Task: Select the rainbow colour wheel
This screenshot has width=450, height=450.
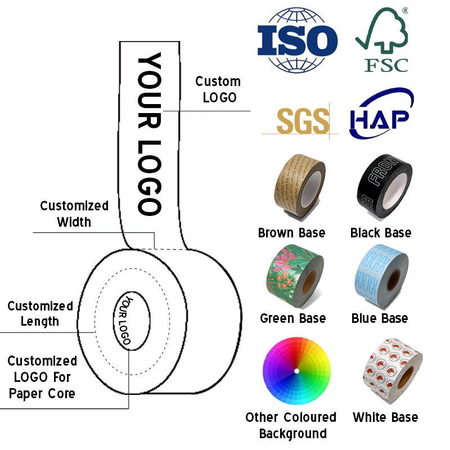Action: click(x=296, y=371)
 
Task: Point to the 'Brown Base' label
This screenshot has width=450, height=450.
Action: click(x=291, y=232)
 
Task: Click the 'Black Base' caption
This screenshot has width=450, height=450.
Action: click(x=381, y=232)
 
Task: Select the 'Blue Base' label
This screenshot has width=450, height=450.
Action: click(x=380, y=318)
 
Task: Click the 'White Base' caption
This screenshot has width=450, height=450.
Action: click(x=385, y=417)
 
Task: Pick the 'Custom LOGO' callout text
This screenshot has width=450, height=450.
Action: click(x=218, y=89)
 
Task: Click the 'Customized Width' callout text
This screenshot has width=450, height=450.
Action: click(x=74, y=214)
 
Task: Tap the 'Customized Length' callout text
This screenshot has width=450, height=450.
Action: click(x=40, y=314)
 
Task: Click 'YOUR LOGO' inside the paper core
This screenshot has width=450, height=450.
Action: click(x=127, y=319)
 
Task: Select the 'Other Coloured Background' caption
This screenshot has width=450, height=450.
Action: click(x=291, y=425)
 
